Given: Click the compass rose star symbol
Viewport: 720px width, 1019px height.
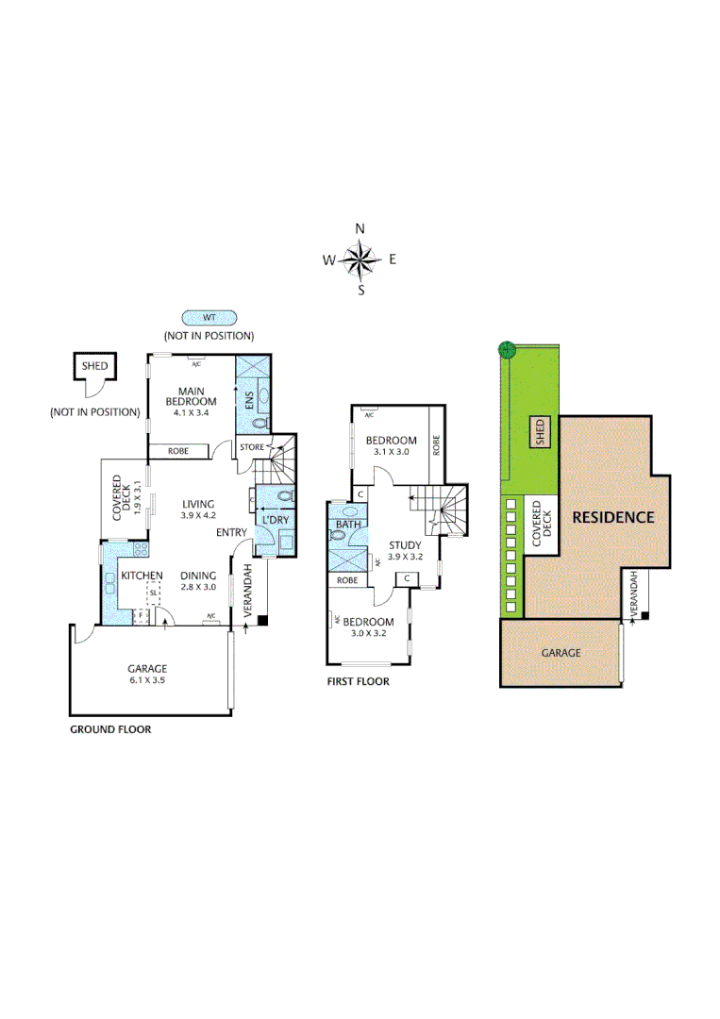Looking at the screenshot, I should (x=360, y=259).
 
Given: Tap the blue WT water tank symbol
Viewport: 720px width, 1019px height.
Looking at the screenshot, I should (x=209, y=319).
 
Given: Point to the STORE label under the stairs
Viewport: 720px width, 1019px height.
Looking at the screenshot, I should (x=252, y=446).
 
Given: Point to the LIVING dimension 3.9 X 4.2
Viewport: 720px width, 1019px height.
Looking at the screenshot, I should (x=198, y=515).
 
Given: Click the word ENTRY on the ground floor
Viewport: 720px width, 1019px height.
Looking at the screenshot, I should (x=230, y=533).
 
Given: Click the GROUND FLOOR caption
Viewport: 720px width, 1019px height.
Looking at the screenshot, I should (x=110, y=729).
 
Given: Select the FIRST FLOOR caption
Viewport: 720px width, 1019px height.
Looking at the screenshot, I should (x=358, y=681).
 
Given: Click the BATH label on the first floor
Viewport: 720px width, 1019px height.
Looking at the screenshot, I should (x=348, y=525).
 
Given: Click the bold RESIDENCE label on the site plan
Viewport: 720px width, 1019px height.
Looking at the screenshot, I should (x=611, y=517).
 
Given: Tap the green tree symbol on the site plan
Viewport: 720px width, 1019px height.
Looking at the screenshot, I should (x=507, y=348).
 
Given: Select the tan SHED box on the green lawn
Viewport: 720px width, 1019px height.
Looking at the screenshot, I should (x=541, y=432).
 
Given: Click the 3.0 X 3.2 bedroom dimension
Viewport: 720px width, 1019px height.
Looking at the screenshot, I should (x=368, y=634).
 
